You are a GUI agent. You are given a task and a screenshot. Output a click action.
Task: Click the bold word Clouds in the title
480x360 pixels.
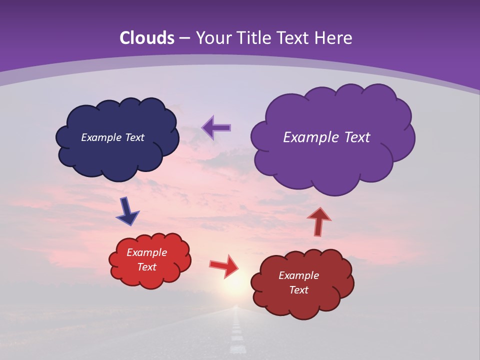pyautogui.click(x=146, y=38)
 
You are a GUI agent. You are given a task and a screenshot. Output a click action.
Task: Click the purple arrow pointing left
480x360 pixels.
pyautogui.click(x=216, y=128)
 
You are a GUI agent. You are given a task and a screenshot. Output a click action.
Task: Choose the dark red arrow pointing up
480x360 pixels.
pyautogui.click(x=319, y=220)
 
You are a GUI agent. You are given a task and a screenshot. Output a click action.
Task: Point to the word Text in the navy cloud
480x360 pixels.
pyautogui.click(x=134, y=137)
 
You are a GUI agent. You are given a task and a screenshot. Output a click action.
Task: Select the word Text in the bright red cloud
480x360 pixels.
pyautogui.click(x=147, y=267)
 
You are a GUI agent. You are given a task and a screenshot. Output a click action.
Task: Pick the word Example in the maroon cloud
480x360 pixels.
pyautogui.click(x=298, y=275)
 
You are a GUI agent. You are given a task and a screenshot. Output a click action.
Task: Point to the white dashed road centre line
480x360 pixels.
pyautogui.click(x=236, y=335)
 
